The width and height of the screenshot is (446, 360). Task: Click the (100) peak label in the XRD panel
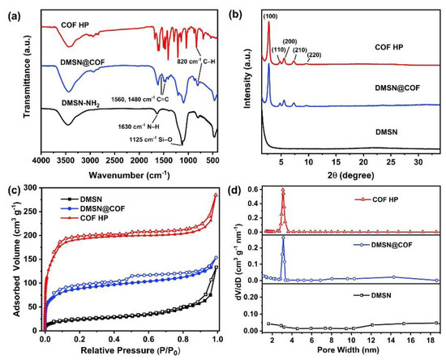point(271,15)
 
